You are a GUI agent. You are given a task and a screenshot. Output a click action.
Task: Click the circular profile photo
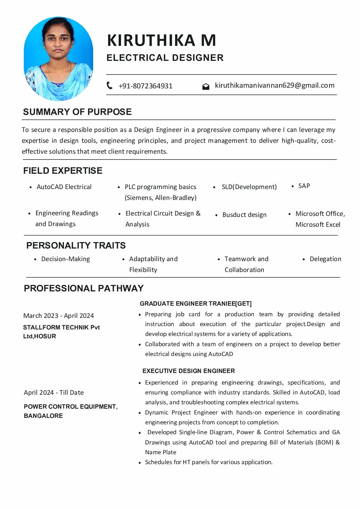click(x=58, y=59)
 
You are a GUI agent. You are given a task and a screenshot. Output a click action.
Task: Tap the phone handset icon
click(x=109, y=85)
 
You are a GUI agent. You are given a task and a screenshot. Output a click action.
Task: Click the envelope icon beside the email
click(x=206, y=86)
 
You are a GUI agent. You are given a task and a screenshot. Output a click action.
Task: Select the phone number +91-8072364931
click(x=145, y=86)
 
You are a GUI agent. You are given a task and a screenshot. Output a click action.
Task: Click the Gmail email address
click(x=275, y=85)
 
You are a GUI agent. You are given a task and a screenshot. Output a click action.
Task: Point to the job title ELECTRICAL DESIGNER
click(x=165, y=58)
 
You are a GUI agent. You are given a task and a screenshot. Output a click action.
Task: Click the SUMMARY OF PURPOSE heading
click(x=77, y=112)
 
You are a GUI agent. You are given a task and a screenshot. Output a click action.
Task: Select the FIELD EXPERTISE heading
click(x=63, y=171)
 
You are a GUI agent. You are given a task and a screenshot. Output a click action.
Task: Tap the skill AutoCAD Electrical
click(x=64, y=187)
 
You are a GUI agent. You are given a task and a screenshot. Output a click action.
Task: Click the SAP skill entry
click(x=304, y=186)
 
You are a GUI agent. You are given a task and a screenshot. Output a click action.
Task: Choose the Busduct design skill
click(x=244, y=215)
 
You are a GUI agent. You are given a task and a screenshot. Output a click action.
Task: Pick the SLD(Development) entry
click(x=249, y=187)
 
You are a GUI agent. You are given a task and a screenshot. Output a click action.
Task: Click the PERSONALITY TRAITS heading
click(x=76, y=245)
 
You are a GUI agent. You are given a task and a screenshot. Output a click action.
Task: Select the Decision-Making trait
click(x=66, y=259)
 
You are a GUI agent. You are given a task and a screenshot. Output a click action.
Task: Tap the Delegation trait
click(x=325, y=259)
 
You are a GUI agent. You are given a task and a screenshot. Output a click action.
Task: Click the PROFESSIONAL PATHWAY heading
click(x=84, y=288)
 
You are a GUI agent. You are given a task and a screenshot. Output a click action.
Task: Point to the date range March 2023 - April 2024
click(x=58, y=316)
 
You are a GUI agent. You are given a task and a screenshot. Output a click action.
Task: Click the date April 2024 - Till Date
click(x=54, y=393)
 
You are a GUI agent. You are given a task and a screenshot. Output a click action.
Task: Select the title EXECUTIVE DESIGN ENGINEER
click(x=189, y=371)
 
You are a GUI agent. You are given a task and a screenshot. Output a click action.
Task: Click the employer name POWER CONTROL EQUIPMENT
click(x=70, y=407)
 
